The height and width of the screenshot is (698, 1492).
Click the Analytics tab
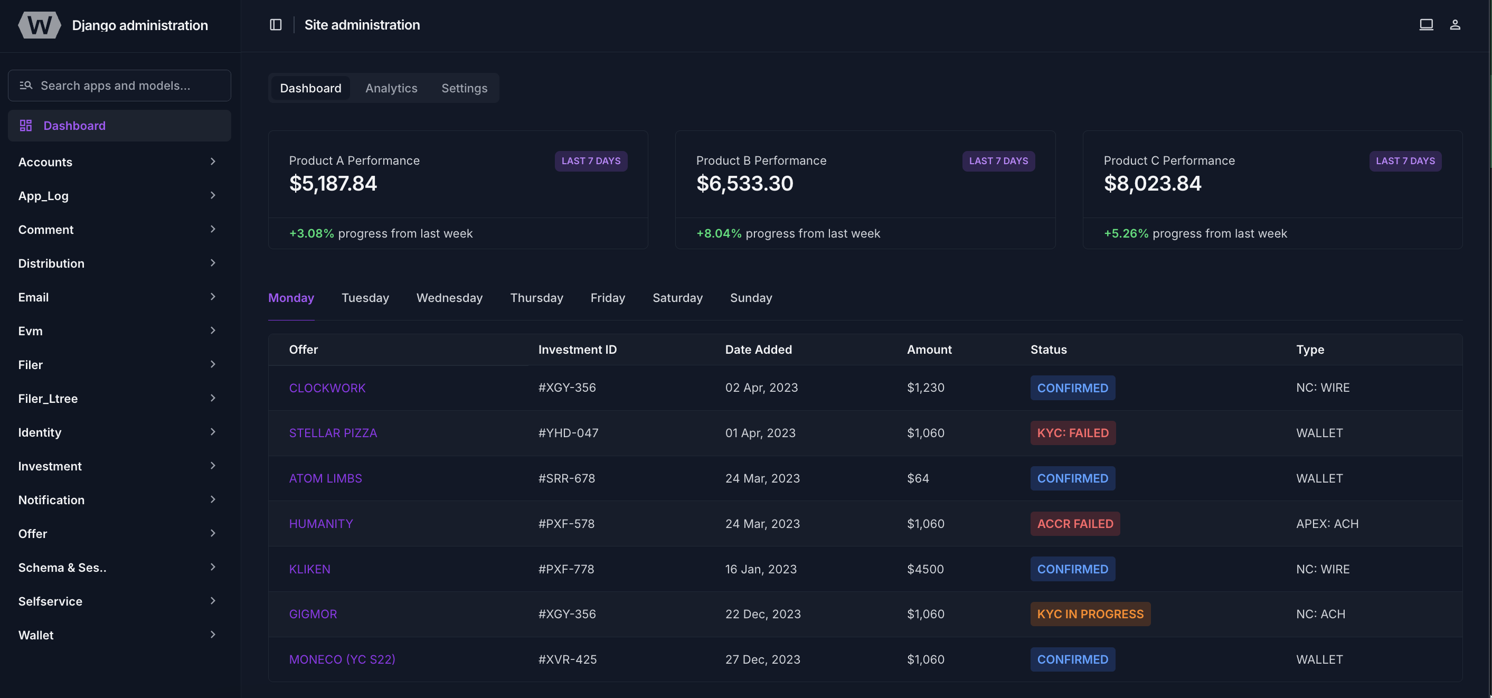(x=391, y=88)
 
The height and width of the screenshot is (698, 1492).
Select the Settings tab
(x=464, y=88)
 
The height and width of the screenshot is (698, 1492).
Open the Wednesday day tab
(x=449, y=298)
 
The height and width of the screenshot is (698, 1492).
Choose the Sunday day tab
(x=751, y=298)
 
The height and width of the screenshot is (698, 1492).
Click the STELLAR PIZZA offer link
(x=333, y=433)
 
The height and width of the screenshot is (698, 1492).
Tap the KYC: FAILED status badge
(x=1072, y=433)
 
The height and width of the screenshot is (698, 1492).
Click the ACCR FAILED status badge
(x=1074, y=524)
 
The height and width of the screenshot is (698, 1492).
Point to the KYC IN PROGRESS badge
(x=1090, y=614)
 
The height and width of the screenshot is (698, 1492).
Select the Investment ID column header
(x=577, y=350)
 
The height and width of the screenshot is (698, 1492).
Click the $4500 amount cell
(x=925, y=569)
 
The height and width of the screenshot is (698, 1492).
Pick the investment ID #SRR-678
(x=566, y=478)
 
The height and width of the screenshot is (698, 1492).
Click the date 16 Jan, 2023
(x=760, y=569)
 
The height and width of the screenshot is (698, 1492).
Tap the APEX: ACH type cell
(x=1326, y=524)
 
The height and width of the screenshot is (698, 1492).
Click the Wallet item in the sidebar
(x=36, y=635)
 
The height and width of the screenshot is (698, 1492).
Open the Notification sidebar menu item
(x=51, y=500)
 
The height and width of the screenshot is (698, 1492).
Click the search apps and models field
(x=119, y=86)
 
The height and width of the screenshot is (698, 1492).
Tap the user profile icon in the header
(x=1455, y=24)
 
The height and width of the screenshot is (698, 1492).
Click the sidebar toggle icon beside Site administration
(x=276, y=24)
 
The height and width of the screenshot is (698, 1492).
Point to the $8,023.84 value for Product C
(x=1152, y=184)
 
